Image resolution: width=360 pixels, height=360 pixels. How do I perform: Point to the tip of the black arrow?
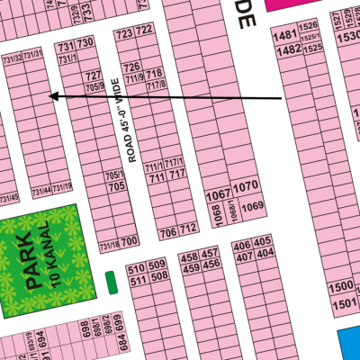pos(49,95)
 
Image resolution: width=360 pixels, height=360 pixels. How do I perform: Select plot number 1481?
pos(285,35)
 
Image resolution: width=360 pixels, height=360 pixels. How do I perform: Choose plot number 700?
pos(129,241)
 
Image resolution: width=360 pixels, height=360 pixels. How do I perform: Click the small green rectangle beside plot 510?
pos(111,282)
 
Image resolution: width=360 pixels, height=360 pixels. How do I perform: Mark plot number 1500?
pos(341,287)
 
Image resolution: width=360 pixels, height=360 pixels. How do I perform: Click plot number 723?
pos(125,32)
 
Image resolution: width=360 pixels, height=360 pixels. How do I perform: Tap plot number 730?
pos(85,43)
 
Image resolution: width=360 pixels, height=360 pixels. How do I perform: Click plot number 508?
pos(157,276)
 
